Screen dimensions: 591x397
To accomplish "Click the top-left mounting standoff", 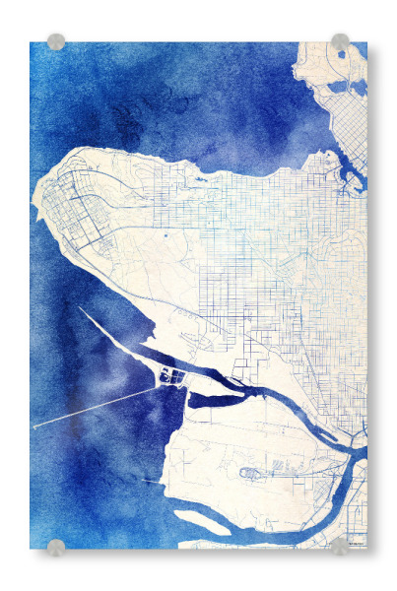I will [56, 41].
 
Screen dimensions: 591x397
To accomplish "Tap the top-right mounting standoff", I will [340, 41].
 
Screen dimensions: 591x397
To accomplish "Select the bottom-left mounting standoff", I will [56, 546].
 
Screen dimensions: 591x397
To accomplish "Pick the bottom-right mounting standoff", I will [340, 546].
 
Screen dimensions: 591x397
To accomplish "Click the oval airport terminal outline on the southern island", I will [251, 473].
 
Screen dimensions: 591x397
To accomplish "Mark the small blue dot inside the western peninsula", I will [165, 236].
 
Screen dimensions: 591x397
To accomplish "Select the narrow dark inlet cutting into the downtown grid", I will [350, 177].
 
